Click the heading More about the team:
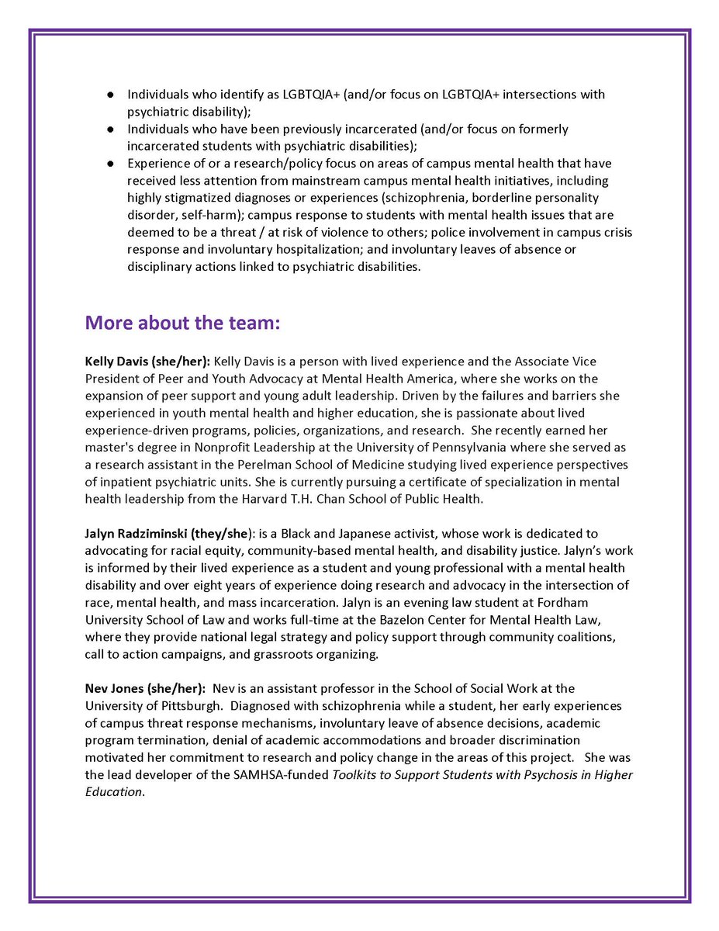tap(182, 324)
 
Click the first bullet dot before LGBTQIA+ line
tap(110, 95)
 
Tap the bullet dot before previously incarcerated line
tap(110, 129)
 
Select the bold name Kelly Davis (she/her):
tap(147, 362)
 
